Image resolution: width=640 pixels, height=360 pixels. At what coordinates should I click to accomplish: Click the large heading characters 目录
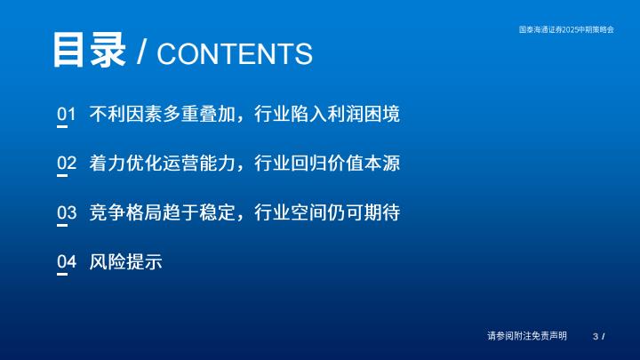(x=89, y=50)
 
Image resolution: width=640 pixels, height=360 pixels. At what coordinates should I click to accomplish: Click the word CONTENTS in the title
(x=235, y=54)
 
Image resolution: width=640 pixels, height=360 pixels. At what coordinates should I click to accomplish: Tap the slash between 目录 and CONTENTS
(x=141, y=52)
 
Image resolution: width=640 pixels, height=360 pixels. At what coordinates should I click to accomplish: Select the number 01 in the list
(x=67, y=114)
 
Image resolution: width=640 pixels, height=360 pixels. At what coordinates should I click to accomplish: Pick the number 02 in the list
(x=67, y=163)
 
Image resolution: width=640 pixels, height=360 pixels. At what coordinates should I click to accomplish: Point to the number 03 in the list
(x=67, y=212)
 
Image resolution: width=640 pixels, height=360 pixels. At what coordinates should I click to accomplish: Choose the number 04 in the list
(x=67, y=261)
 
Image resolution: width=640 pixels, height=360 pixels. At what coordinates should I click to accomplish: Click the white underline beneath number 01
(x=62, y=126)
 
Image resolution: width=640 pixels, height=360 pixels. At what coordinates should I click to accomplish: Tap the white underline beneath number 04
(x=62, y=275)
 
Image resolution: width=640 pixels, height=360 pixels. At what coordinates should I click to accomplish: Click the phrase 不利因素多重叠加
(x=163, y=114)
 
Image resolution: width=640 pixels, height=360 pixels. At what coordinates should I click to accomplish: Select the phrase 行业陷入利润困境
(x=327, y=114)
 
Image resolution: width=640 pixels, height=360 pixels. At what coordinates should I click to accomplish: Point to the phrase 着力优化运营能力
(x=163, y=163)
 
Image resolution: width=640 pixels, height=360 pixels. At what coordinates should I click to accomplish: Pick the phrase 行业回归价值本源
(x=327, y=163)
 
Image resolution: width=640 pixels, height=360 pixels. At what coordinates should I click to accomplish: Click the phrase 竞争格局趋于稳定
(x=163, y=212)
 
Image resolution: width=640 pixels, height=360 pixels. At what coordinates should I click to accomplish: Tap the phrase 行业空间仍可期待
(x=327, y=212)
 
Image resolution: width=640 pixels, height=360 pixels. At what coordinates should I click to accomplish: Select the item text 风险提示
(x=125, y=261)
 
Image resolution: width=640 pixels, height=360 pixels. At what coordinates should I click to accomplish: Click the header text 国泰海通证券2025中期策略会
(x=566, y=29)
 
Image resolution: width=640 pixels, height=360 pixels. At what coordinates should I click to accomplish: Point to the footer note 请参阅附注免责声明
(x=527, y=336)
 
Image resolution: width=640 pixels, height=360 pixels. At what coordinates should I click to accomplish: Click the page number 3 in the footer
(x=596, y=336)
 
